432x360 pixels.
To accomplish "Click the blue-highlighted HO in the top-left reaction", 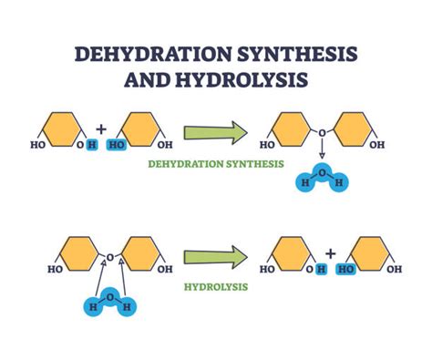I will pyautogui.click(x=117, y=145).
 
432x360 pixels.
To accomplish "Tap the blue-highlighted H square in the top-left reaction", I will pyautogui.click(x=90, y=145).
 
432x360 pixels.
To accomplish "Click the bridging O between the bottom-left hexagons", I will pyautogui.click(x=110, y=256).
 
